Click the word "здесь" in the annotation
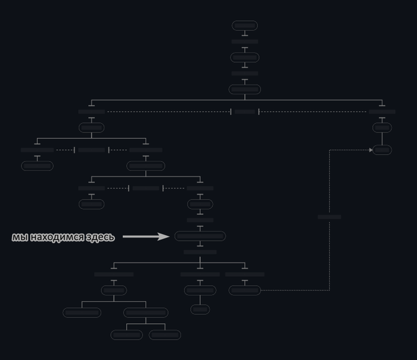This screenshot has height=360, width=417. point(103,237)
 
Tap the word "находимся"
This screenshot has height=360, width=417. point(60,237)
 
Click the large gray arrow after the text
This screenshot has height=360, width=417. point(146,236)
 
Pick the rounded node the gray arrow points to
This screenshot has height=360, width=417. point(200,236)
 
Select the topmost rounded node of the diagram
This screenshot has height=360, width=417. point(245,26)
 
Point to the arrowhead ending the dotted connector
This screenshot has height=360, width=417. point(371,150)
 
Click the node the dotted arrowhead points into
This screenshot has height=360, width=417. point(382,150)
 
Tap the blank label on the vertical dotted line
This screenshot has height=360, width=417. point(329,217)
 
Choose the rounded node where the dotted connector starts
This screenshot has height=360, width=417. point(245,290)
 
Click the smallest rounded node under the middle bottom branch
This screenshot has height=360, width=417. point(200,309)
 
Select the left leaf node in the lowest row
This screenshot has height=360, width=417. point(126,335)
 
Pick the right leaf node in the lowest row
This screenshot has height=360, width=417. point(165,335)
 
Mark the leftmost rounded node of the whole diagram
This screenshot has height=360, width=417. point(37,166)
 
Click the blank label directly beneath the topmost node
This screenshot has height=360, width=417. point(245,42)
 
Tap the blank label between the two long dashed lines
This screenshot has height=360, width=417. point(245,112)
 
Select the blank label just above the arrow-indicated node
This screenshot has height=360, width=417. point(200,220)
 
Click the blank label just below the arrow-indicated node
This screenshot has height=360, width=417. point(200,252)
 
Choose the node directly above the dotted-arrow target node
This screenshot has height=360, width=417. point(382,128)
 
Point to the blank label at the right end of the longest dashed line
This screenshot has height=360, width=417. point(382,112)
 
